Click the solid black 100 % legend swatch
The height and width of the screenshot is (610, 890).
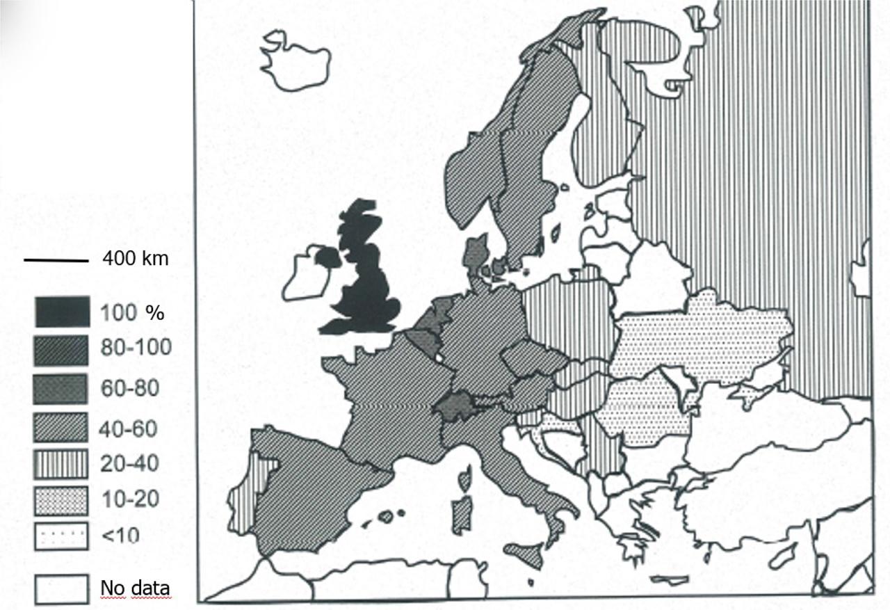[62, 312]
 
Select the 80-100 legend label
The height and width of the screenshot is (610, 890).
[136, 347]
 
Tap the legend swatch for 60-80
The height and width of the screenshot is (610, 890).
[62, 389]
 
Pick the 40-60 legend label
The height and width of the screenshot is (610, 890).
[129, 428]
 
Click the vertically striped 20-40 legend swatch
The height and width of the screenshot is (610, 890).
[62, 464]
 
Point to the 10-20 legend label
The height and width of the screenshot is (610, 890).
[129, 499]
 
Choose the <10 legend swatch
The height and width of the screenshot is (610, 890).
[62, 536]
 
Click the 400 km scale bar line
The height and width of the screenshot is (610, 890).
[56, 261]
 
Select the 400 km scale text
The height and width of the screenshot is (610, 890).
[135, 259]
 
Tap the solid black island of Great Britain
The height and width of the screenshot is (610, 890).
[365, 278]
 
